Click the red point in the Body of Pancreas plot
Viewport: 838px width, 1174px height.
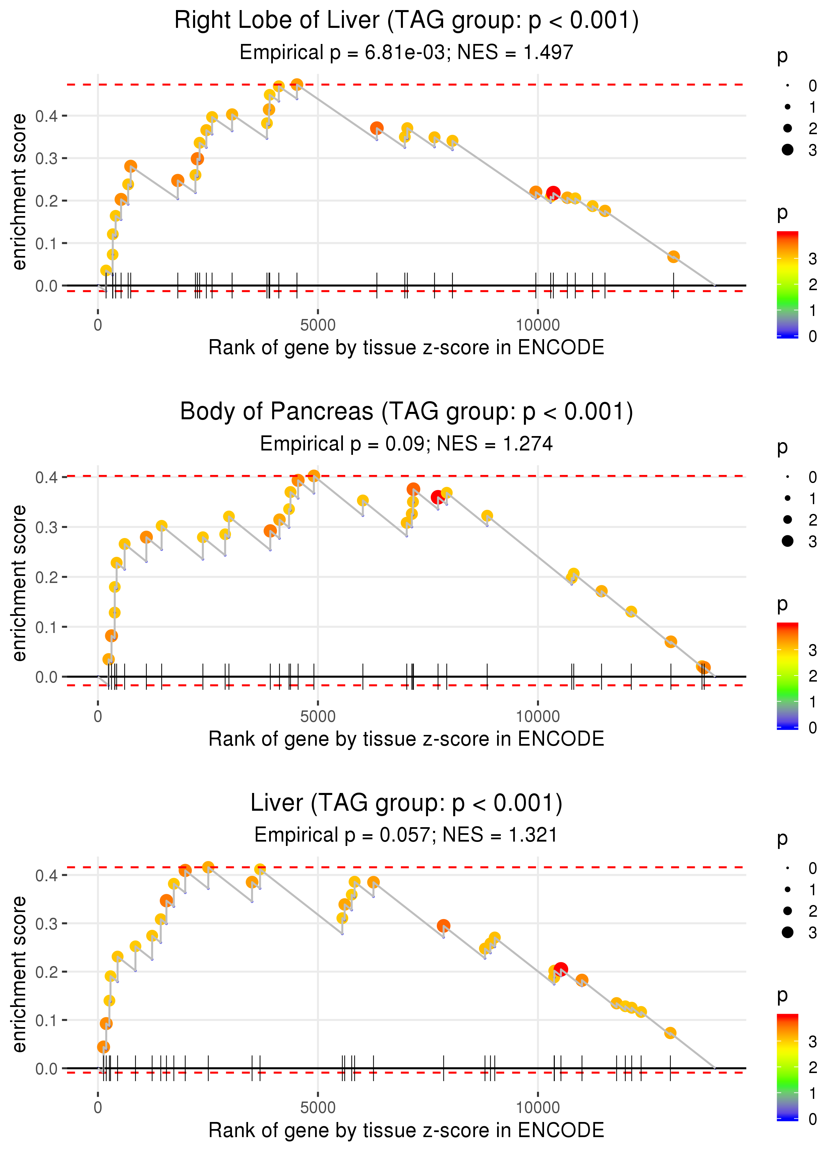click(437, 497)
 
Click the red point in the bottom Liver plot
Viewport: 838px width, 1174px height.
click(561, 969)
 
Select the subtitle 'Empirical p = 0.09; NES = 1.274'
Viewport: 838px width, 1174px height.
click(406, 443)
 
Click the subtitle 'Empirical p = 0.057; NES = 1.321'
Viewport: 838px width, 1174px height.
click(406, 835)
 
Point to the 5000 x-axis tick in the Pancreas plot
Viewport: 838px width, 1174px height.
click(318, 716)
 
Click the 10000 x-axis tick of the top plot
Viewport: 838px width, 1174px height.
click(538, 325)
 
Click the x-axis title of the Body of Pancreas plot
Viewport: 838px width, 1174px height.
click(406, 739)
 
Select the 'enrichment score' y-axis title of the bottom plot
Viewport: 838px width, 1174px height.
click(19, 974)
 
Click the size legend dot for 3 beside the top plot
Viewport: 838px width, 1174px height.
click(787, 150)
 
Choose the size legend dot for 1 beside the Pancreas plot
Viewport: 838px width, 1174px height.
click(787, 498)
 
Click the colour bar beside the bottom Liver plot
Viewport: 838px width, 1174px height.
click(787, 1067)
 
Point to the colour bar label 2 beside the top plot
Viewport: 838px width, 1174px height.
click(813, 284)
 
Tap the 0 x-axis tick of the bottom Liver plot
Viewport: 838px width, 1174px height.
click(98, 1108)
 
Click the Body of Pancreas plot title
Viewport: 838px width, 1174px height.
click(406, 412)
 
